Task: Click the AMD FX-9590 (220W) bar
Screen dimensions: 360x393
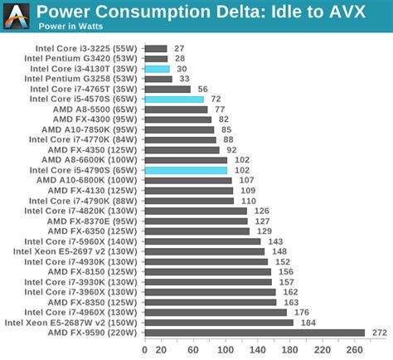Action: coord(255,333)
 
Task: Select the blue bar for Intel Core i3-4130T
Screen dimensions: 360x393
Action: coord(157,69)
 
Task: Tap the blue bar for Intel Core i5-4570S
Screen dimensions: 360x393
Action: coord(174,100)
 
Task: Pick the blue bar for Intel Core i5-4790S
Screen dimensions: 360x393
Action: coord(186,170)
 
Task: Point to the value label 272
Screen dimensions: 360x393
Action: coord(380,333)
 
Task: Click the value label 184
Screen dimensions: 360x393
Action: coord(308,323)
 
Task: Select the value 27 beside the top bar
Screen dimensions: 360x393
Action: coord(180,49)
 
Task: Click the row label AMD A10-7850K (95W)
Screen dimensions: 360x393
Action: coord(89,129)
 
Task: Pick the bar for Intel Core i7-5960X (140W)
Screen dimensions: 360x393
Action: coord(202,241)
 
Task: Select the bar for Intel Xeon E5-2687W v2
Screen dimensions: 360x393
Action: coord(219,323)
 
